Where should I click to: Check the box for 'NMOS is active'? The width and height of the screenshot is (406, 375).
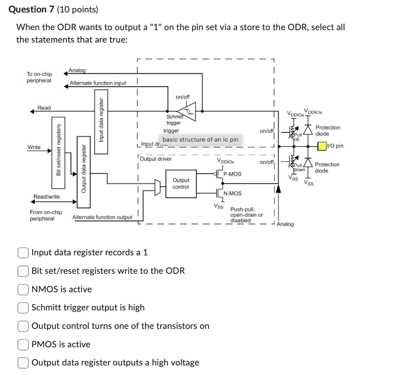click(23, 289)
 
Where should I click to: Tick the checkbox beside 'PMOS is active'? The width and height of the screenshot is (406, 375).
click(23, 344)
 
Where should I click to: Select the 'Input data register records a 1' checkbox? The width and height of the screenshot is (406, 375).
click(23, 252)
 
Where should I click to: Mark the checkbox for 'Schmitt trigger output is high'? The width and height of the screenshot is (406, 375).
click(23, 308)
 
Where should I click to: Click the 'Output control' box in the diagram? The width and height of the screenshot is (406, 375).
click(181, 184)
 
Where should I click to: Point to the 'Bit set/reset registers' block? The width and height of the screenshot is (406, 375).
click(59, 150)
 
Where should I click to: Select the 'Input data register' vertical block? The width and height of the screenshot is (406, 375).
click(101, 119)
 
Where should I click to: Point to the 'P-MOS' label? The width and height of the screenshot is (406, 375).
click(232, 174)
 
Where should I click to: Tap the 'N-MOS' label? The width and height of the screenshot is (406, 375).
click(232, 194)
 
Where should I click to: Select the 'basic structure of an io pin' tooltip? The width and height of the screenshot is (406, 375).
click(200, 140)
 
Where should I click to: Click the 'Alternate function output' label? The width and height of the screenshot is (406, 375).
click(102, 217)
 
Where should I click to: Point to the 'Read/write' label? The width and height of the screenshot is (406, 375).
click(47, 196)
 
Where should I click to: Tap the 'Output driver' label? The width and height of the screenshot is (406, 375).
click(157, 159)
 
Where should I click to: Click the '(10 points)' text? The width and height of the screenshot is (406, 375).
click(72, 9)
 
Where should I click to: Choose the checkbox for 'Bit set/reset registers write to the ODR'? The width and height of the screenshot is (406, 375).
click(23, 271)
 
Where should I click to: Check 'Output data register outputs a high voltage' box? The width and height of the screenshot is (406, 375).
click(23, 363)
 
